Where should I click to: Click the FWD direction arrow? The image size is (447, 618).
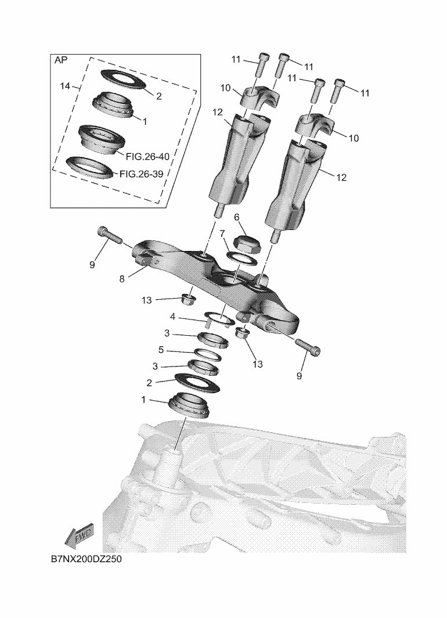pyautogui.click(x=79, y=536)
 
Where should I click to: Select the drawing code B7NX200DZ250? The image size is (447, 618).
pyautogui.click(x=86, y=559)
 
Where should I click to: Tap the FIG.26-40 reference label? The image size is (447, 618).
pyautogui.click(x=147, y=157)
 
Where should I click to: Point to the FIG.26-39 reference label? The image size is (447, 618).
pyautogui.click(x=142, y=174)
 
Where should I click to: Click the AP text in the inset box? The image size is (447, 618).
pyautogui.click(x=61, y=60)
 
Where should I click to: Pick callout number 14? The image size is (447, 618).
pyautogui.click(x=66, y=86)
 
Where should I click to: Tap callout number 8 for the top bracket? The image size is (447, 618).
pyautogui.click(x=122, y=279)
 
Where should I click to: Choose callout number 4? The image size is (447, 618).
pyautogui.click(x=172, y=317)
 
